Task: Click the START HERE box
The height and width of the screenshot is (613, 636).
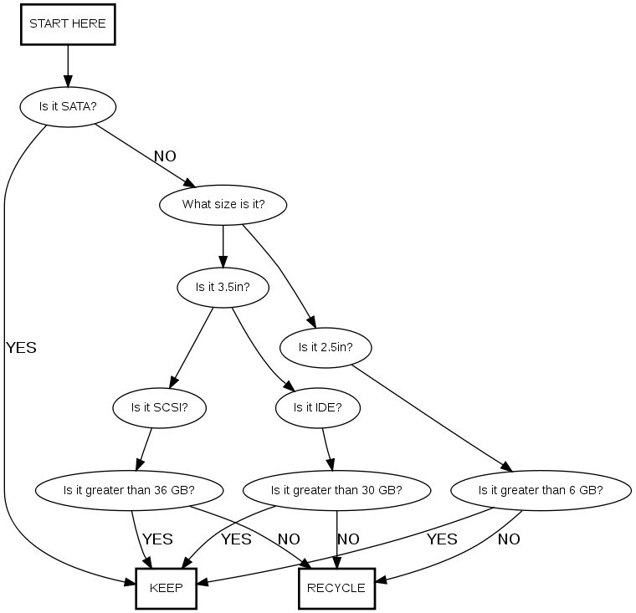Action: point(67,24)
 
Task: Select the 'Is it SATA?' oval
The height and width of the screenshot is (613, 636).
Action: point(67,107)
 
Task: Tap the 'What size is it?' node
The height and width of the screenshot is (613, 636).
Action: point(223,204)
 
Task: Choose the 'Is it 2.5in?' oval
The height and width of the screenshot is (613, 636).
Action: point(324,347)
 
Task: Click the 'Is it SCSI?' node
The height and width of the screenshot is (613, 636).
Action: point(158,408)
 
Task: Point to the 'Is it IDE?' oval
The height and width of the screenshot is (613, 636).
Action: point(317,408)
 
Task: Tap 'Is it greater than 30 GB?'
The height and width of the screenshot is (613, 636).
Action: point(336,490)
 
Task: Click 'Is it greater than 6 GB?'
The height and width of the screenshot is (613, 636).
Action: point(540,490)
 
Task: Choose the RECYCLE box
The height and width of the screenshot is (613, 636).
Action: point(336,588)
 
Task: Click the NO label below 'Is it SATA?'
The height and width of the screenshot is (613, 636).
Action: point(165,156)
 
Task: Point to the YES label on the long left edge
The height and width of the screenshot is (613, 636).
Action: point(21,348)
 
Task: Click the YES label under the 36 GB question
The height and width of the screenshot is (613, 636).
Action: point(158,539)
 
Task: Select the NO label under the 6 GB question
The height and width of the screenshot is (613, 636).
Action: point(509,539)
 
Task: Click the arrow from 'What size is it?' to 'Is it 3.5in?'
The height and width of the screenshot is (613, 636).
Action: point(223,246)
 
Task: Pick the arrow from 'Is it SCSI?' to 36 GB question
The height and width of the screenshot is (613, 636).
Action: point(145,449)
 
